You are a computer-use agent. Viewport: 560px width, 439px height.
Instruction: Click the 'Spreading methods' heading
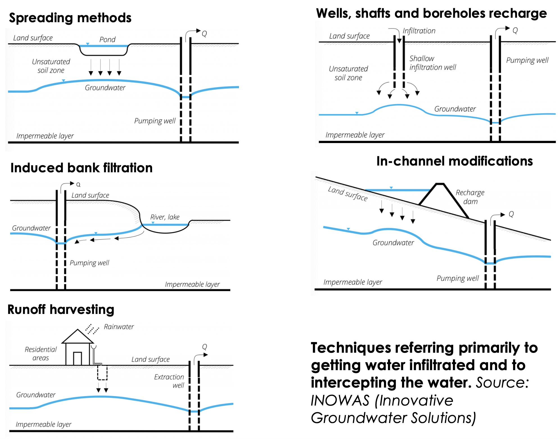click(x=70, y=18)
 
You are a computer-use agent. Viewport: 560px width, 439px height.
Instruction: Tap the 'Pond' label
click(x=107, y=40)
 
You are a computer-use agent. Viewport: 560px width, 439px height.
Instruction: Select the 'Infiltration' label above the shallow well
click(x=419, y=31)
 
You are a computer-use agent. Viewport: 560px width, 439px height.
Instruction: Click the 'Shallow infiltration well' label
click(x=432, y=63)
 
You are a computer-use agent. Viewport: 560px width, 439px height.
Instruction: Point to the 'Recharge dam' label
click(x=470, y=197)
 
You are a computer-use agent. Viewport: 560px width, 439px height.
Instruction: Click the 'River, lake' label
click(x=165, y=217)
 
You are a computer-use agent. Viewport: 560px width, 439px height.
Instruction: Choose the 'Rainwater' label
click(x=119, y=327)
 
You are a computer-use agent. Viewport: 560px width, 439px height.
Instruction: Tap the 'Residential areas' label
click(x=41, y=354)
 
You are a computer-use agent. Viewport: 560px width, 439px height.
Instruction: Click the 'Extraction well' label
click(x=169, y=381)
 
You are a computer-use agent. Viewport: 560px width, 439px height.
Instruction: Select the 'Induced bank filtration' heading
click(x=82, y=168)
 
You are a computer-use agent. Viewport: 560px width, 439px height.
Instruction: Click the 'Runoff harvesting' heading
click(x=61, y=309)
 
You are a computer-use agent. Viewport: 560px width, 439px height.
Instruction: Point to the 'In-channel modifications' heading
click(x=455, y=161)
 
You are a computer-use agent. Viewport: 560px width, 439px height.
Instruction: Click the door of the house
click(x=77, y=359)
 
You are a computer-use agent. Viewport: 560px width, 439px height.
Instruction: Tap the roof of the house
click(x=78, y=336)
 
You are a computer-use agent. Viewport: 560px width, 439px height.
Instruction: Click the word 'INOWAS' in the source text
click(x=340, y=400)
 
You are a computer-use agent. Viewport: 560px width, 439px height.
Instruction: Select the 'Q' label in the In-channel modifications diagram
click(x=511, y=214)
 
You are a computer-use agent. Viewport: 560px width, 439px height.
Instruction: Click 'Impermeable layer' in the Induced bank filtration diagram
click(x=192, y=284)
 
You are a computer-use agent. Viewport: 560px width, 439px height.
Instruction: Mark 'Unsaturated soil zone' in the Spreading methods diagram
click(x=51, y=66)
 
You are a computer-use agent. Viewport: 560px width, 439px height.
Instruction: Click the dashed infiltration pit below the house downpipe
click(x=102, y=373)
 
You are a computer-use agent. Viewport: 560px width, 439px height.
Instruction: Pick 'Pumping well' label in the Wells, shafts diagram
click(x=527, y=60)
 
